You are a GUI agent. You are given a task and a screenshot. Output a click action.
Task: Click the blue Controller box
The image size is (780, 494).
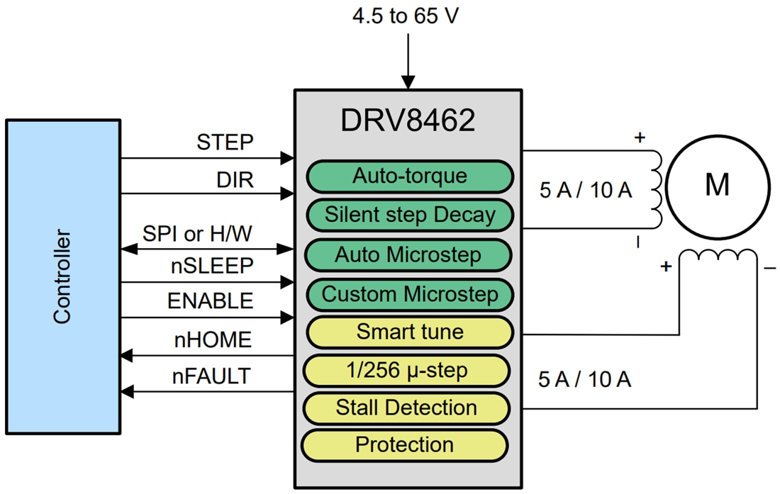pyautogui.click(x=62, y=276)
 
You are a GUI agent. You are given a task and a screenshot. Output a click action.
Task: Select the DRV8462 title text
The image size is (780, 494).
pyautogui.click(x=408, y=121)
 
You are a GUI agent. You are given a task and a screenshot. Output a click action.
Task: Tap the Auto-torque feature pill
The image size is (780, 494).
pyautogui.click(x=409, y=176)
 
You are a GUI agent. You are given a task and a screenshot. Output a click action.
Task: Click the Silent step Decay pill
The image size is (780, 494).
pyautogui.click(x=409, y=214)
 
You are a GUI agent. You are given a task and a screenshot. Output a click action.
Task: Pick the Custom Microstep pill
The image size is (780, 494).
pyautogui.click(x=409, y=293)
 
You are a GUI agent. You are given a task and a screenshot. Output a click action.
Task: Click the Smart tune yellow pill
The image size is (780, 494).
pyautogui.click(x=409, y=331)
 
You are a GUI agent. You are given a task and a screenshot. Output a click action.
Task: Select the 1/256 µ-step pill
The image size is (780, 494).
pyautogui.click(x=407, y=369)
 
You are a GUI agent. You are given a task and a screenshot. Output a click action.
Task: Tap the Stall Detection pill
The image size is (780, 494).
pyautogui.click(x=406, y=408)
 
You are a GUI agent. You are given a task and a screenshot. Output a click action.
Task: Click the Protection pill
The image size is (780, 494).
pyautogui.click(x=404, y=445)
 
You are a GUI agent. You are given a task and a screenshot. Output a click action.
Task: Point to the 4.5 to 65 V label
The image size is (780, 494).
pyautogui.click(x=406, y=16)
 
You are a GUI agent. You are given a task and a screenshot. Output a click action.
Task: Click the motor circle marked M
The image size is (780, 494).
pyautogui.click(x=717, y=186)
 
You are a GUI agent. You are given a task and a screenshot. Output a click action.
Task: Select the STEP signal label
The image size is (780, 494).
pyautogui.click(x=225, y=142)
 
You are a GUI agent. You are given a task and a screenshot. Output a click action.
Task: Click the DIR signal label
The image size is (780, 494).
pyautogui.click(x=235, y=180)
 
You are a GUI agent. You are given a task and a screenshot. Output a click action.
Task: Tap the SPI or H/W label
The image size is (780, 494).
pyautogui.click(x=197, y=233)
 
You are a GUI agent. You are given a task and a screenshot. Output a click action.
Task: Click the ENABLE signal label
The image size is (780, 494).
pyautogui.click(x=210, y=301)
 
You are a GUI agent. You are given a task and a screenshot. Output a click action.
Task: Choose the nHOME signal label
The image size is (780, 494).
pyautogui.click(x=213, y=340)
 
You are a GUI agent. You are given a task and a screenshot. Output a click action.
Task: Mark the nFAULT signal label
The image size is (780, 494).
pyautogui.click(x=213, y=376)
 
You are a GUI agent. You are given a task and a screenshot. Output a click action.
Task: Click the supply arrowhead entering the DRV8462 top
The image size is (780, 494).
pyautogui.click(x=408, y=82)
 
